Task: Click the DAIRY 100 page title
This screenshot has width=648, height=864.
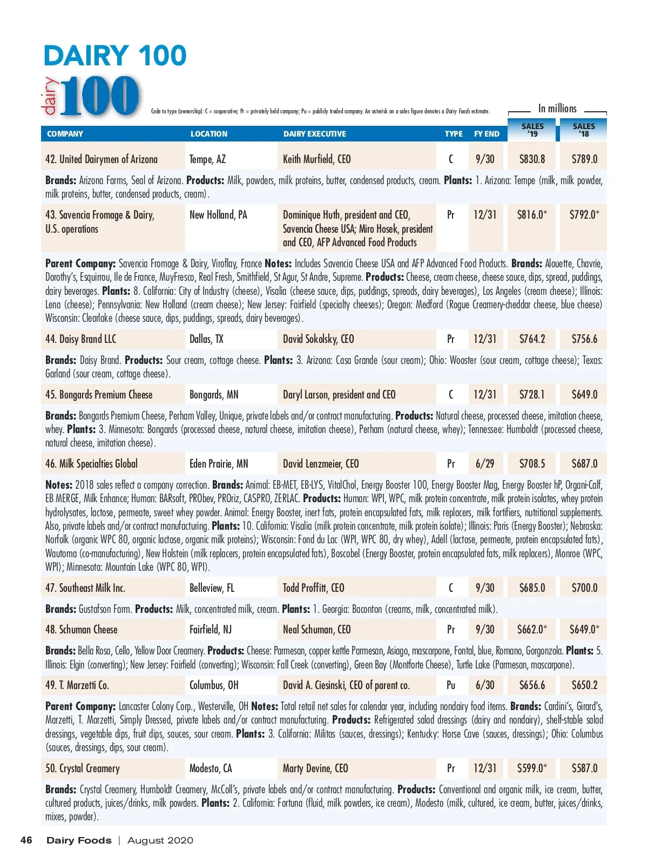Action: tap(115, 56)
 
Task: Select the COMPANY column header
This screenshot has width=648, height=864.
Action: tap(65, 134)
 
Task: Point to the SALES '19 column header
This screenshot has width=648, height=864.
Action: tap(532, 130)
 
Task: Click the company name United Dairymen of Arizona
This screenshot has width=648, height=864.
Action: tap(102, 159)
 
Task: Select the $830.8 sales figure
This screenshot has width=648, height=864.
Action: tap(532, 159)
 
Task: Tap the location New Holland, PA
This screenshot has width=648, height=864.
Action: tap(218, 215)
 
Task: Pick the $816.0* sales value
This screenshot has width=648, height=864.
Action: tap(532, 215)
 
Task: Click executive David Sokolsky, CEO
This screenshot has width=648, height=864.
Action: tap(319, 339)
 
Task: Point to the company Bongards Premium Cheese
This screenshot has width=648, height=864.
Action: tap(99, 395)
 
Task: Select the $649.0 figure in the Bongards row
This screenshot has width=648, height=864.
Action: tap(584, 395)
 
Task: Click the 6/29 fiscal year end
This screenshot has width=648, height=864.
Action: tap(485, 464)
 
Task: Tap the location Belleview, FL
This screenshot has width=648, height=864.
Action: tap(212, 588)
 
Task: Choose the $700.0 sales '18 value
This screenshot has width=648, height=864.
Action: tap(584, 588)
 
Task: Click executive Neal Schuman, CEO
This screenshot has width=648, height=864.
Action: tap(317, 630)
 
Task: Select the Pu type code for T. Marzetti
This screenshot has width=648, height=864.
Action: tap(451, 685)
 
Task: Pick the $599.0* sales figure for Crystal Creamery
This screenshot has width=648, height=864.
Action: tap(532, 768)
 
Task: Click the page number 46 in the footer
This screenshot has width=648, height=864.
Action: tap(26, 840)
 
